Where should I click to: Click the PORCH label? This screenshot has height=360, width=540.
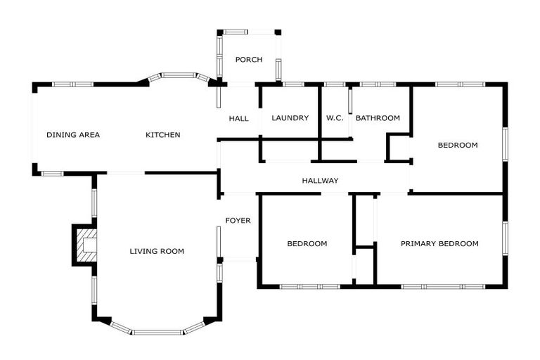coord(249,60)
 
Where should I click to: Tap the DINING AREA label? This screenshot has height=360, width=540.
coord(73,135)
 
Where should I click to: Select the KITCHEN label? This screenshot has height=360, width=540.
coord(163,135)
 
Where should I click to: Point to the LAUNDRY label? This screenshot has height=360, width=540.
coord(290,118)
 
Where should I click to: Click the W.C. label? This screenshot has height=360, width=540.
coord(335,118)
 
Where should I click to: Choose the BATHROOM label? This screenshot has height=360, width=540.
coord(378,118)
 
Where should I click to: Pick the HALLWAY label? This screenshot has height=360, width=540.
coord(320,181)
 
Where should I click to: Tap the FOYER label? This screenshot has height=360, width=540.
coord(238,221)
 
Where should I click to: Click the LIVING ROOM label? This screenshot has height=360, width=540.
coord(157,251)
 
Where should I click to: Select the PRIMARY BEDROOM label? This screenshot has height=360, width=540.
coord(439,244)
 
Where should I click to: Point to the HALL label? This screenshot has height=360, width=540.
coord(238,119)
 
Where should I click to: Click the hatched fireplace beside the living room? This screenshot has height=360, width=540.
coord(86,245)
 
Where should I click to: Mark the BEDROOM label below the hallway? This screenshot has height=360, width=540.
coord(307,244)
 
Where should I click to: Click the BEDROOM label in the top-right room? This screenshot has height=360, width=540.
coord(458,146)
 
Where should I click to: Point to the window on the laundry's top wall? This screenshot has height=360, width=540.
coord(293,85)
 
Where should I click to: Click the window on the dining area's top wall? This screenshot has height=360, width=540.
coord(73,84)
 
